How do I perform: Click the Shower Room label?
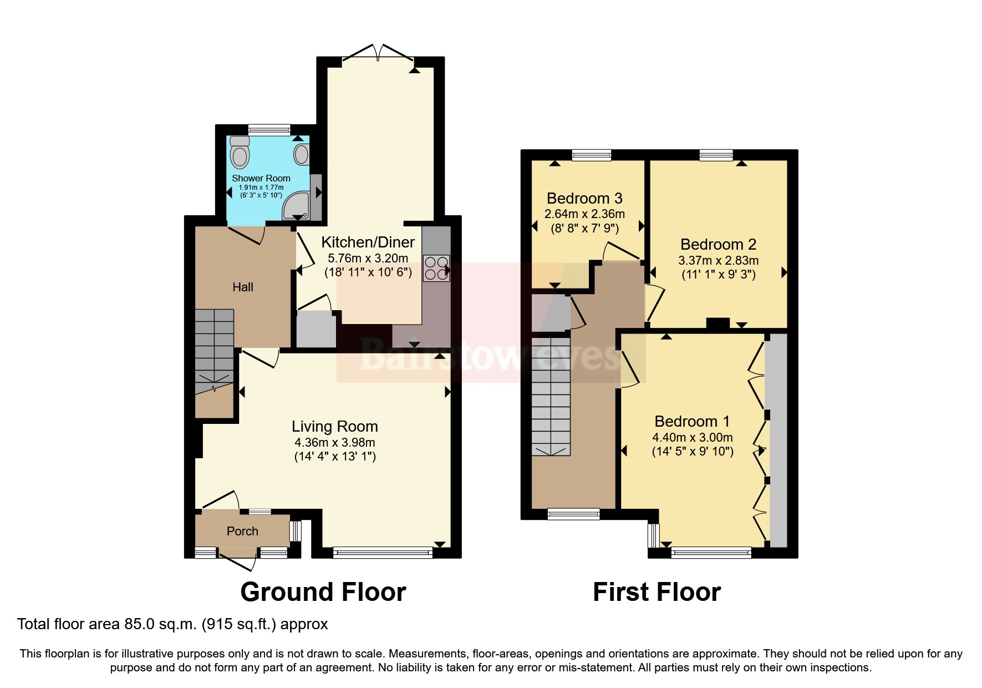(261, 178)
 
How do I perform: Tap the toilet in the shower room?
(240, 152)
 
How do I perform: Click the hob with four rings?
(436, 267)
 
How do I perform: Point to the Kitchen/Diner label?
(368, 242)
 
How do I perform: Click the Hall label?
(243, 287)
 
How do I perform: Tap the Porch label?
(242, 531)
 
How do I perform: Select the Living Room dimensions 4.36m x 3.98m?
(334, 443)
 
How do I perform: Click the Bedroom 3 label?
(584, 198)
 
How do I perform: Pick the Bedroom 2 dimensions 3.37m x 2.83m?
(718, 260)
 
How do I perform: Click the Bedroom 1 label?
(692, 421)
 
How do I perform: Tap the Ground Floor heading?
(323, 592)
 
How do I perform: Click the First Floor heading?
(657, 592)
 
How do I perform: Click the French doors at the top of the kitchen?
(378, 54)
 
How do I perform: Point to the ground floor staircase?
(214, 350)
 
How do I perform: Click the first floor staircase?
(551, 397)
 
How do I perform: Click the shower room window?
(269, 129)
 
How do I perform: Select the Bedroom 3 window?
(591, 155)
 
